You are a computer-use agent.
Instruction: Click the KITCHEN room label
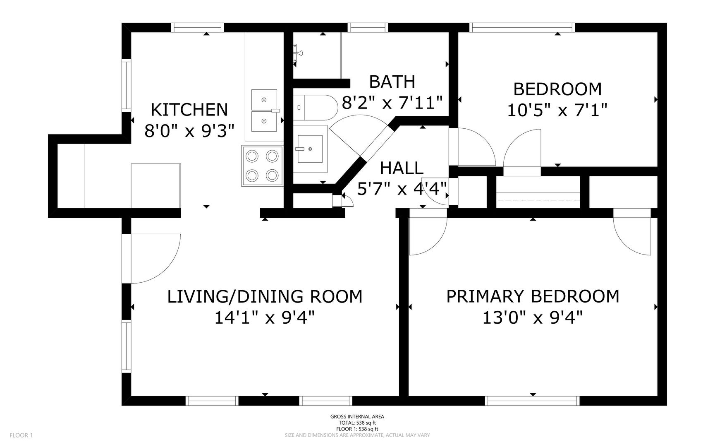(x=189, y=110)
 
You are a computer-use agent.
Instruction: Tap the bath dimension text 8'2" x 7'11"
(x=392, y=102)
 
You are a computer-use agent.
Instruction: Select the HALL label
(x=402, y=168)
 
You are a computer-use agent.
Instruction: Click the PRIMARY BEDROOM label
(x=533, y=296)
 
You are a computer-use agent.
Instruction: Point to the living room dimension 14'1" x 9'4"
(x=265, y=318)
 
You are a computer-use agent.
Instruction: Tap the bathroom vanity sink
(x=310, y=149)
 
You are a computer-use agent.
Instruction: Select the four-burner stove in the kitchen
(x=262, y=166)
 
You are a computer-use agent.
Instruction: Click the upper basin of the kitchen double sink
(x=264, y=100)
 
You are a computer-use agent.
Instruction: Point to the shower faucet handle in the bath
(x=298, y=53)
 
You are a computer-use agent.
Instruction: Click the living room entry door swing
(x=155, y=259)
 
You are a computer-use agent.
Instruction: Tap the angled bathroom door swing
(x=352, y=132)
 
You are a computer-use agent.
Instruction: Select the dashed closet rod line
(x=538, y=199)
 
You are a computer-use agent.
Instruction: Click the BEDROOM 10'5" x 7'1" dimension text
(x=557, y=110)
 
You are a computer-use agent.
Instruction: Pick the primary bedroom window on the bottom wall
(x=532, y=400)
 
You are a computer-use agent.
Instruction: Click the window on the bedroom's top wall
(x=522, y=27)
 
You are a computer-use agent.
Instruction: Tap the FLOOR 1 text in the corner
(x=21, y=435)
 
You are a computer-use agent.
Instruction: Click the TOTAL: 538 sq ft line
(x=357, y=423)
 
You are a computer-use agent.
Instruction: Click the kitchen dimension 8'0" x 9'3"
(x=189, y=131)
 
